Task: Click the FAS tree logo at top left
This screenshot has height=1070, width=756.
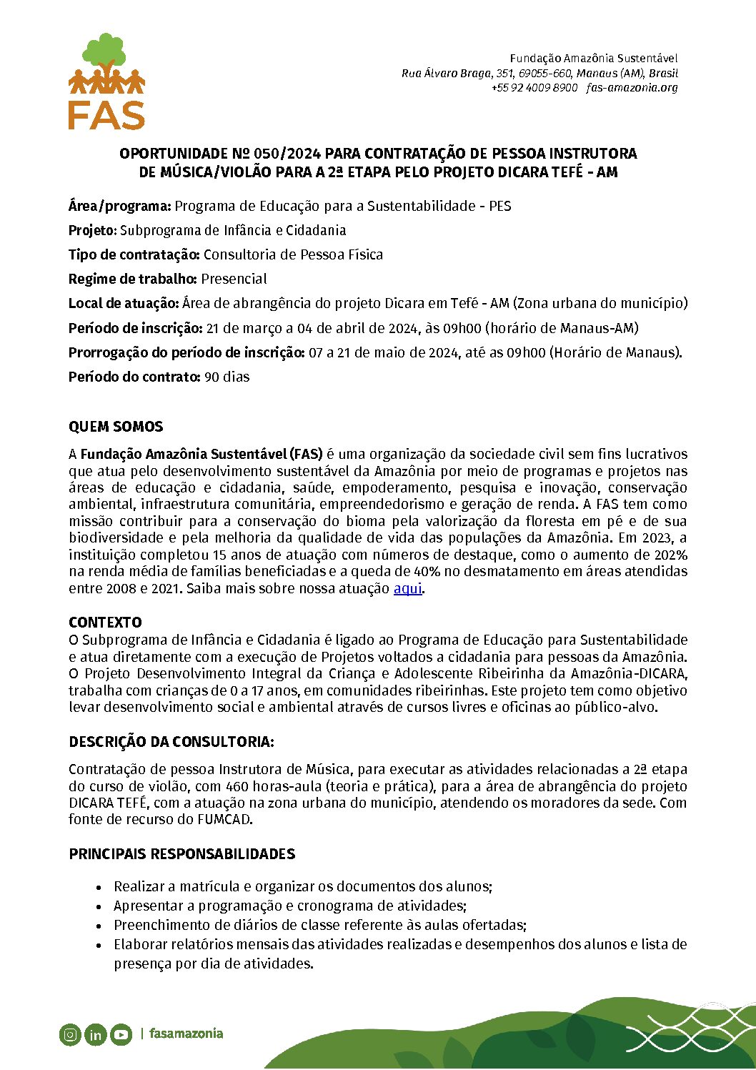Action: tap(106, 81)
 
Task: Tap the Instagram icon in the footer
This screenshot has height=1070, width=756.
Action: tap(70, 1034)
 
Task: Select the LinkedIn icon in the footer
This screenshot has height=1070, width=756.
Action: tap(95, 1034)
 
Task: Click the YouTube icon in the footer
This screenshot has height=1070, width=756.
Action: tap(121, 1034)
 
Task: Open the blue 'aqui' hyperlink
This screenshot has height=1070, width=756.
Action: tap(408, 589)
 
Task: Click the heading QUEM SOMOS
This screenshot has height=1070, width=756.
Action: tap(116, 427)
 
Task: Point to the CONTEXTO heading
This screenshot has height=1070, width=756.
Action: tap(105, 622)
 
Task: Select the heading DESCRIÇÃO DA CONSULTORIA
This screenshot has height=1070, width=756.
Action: tap(171, 742)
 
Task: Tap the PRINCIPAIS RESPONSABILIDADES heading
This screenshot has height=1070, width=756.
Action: tap(181, 854)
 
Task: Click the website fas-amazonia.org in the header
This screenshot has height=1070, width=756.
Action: tap(632, 88)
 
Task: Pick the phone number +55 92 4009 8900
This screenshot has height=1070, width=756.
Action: tap(534, 88)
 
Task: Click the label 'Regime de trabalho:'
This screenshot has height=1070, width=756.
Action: tap(133, 279)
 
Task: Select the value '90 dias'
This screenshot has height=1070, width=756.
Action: tap(227, 377)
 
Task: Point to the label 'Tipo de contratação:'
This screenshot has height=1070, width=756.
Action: tap(134, 254)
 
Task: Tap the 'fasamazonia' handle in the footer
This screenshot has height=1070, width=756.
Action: tap(186, 1034)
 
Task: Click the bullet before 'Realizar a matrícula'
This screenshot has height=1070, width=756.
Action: tap(99, 887)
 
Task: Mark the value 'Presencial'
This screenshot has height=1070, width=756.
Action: tap(234, 279)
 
